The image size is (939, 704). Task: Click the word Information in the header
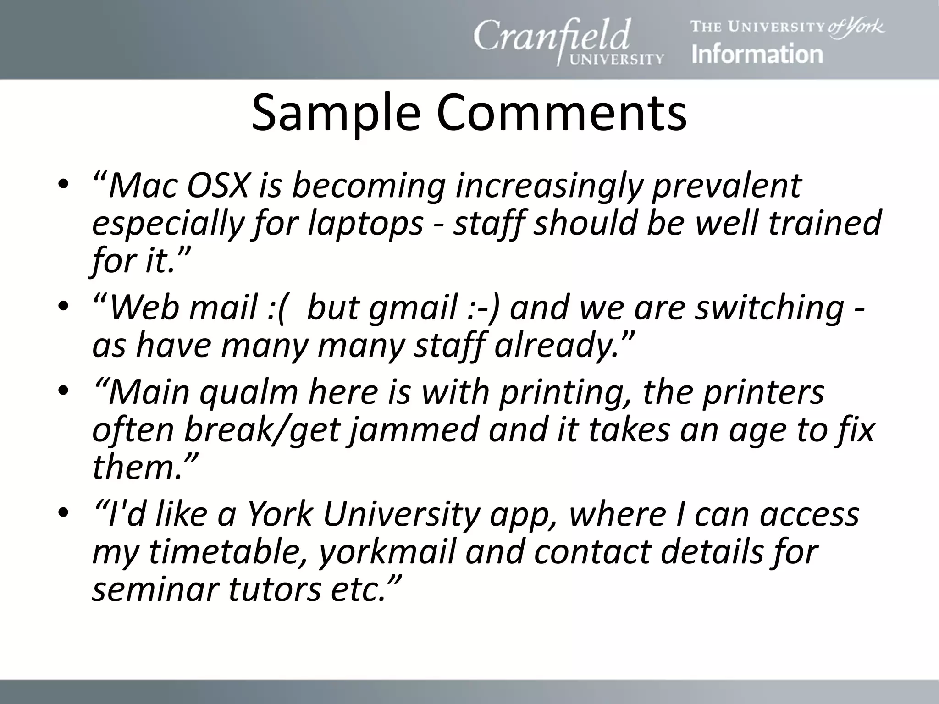(757, 55)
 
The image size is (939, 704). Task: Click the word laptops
(365, 224)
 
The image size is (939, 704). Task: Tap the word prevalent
(726, 186)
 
